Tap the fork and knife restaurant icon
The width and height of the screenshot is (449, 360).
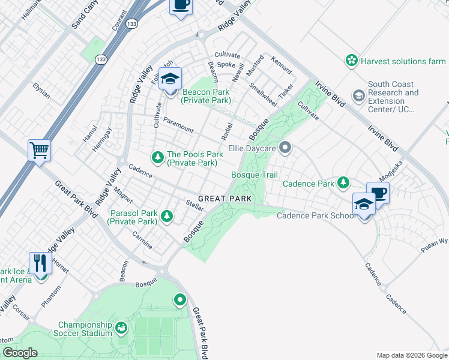(41, 263)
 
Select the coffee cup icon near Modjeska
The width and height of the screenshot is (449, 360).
(378, 193)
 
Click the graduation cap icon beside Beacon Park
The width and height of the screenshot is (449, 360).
(170, 80)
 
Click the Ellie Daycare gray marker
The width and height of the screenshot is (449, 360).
(285, 147)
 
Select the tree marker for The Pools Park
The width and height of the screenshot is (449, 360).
(158, 157)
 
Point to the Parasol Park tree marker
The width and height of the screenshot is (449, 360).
(166, 216)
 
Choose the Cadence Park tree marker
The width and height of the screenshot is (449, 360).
(343, 182)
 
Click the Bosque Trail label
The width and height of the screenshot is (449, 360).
(255, 175)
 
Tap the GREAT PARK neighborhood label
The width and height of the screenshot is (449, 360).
(223, 198)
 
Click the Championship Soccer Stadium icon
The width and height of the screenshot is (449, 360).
(121, 328)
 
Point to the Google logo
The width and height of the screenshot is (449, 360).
(20, 353)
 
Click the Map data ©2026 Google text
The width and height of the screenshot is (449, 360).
(411, 355)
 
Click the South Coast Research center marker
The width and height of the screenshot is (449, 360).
(358, 95)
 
